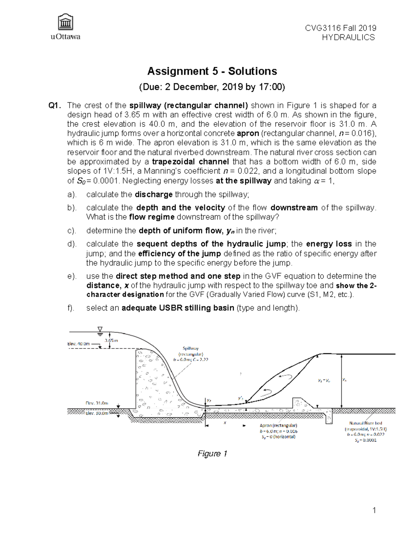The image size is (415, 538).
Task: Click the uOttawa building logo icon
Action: point(66,23)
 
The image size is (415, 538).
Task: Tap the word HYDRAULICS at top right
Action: point(348,37)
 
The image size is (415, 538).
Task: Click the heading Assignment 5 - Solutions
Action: point(212,71)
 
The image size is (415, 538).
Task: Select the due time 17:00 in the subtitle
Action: point(271,87)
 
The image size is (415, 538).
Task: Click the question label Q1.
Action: point(55,106)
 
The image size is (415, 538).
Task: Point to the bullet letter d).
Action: point(72,244)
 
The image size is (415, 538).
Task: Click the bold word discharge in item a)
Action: point(154,194)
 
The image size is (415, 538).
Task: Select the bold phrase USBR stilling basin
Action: point(178,308)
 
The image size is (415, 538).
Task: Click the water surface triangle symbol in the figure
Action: point(100,329)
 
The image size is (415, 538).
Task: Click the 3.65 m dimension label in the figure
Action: point(111,340)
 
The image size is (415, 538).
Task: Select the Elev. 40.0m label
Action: point(79,344)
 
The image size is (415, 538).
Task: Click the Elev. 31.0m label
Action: point(97,403)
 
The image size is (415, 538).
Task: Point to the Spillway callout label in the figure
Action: point(191,349)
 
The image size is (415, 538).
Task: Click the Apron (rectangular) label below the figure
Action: point(278,425)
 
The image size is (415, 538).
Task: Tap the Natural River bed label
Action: point(366,423)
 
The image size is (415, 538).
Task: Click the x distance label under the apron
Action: point(225,423)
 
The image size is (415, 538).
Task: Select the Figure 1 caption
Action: point(212,453)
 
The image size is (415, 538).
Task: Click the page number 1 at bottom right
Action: point(374,510)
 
